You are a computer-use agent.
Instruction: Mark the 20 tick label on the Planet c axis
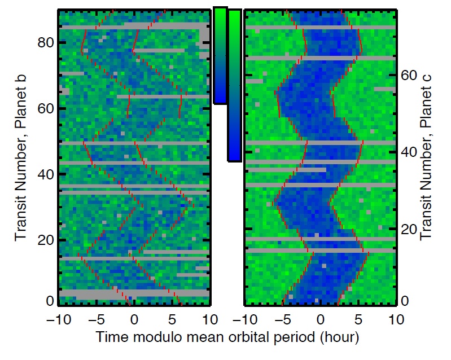(409, 230)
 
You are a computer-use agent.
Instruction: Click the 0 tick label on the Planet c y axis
(405, 300)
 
